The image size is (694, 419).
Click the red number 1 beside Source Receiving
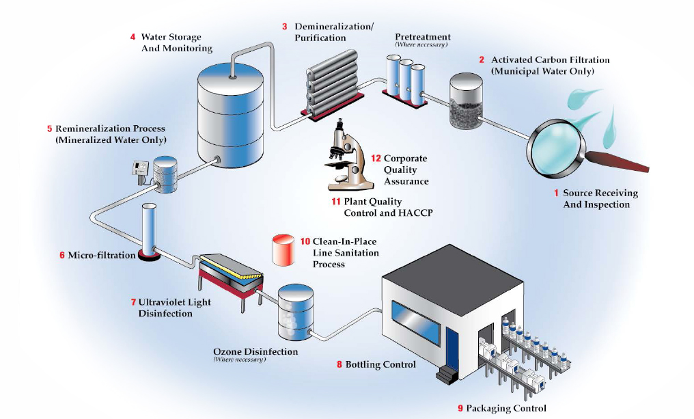point(556,193)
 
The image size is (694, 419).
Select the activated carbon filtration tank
point(467,102)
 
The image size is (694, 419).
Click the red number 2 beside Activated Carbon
point(482,60)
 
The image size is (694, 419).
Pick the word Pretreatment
point(423,37)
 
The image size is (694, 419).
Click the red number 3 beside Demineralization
point(284,27)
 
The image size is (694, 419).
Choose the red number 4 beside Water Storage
point(133,37)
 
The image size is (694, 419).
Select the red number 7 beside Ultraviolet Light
point(133,302)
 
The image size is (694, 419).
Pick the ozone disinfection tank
point(296,313)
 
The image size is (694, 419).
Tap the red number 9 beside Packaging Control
point(460,408)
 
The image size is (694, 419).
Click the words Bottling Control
point(380,365)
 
